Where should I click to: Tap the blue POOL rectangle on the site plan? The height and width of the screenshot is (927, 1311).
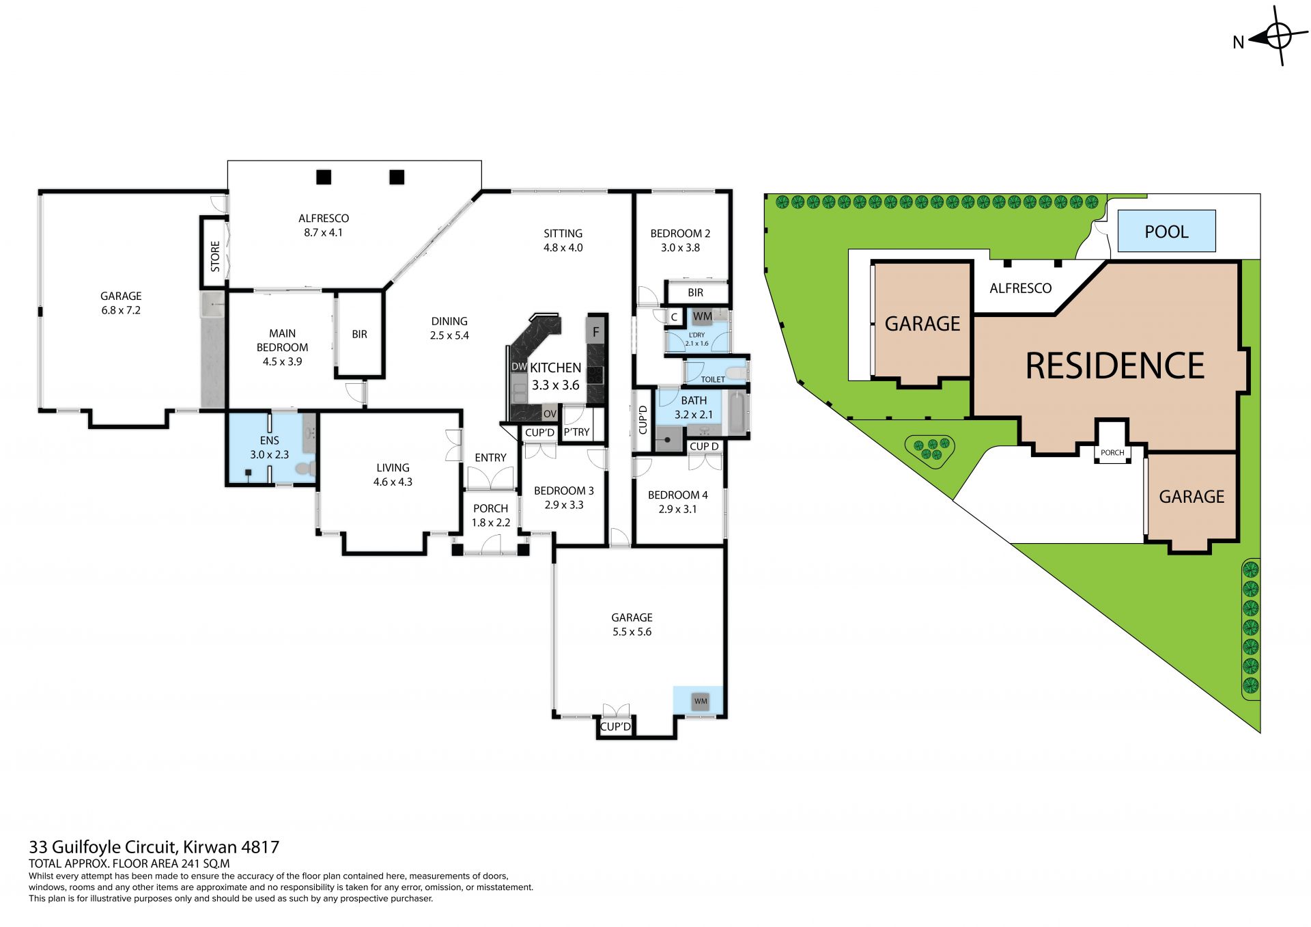1166,231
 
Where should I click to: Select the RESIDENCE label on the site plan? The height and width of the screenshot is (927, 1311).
1115,365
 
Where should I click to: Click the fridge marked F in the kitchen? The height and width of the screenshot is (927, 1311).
596,331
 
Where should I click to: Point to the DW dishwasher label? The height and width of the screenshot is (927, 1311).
519,367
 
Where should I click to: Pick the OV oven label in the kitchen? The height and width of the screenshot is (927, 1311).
550,414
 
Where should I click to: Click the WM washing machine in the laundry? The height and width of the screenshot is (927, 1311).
703,316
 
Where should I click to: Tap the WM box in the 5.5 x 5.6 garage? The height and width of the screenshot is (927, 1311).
701,702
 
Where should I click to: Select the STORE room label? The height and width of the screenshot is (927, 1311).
215,256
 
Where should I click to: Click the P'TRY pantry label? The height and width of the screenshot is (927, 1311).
576,432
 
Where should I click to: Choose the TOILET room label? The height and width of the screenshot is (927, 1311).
713,379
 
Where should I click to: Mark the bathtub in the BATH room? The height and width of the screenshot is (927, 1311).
737,413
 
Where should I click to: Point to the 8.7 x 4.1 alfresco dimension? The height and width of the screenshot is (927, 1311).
324,232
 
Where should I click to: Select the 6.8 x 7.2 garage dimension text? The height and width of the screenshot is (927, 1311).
121,310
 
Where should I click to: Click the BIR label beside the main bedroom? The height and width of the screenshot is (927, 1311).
359,334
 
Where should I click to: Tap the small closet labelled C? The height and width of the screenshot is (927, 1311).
674,317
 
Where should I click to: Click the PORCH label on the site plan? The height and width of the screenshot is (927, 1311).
1112,452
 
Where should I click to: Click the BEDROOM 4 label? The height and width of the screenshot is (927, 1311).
677,495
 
